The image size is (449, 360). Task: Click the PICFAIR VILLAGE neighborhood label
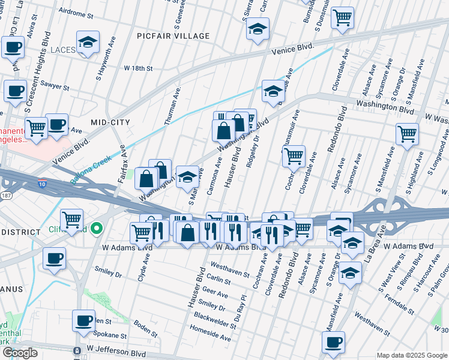(x=173, y=36)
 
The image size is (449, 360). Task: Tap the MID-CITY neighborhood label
(x=110, y=122)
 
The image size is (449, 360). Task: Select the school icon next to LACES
(x=88, y=43)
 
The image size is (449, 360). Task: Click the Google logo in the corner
(x=20, y=353)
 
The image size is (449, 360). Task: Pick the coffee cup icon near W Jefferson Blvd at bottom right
(x=333, y=342)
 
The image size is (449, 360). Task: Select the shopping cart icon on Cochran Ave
(x=294, y=156)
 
